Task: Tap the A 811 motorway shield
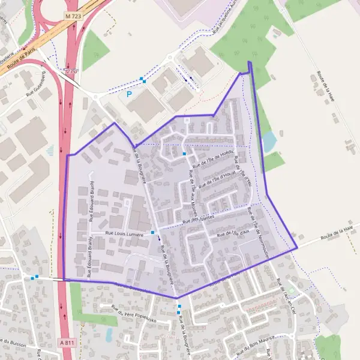[x=67, y=342]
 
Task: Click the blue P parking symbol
[x=128, y=94]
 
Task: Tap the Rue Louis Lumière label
[x=125, y=234]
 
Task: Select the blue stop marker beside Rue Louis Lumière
[x=153, y=232]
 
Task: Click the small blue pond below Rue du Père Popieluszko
[x=109, y=334]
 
